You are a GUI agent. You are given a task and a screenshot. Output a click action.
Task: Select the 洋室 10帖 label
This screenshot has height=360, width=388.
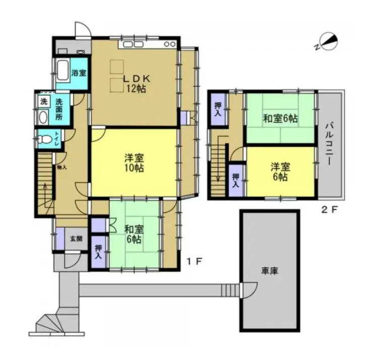coord(134,163)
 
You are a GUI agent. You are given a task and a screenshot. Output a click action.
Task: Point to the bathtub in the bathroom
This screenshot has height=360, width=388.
coord(63,70)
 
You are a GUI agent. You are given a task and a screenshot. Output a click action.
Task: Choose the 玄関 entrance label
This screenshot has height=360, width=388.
coord(75,239)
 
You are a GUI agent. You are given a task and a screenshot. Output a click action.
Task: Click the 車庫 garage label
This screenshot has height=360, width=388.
coord(268,271)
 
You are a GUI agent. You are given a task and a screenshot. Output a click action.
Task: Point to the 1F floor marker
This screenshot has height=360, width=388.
coord(195,261)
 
